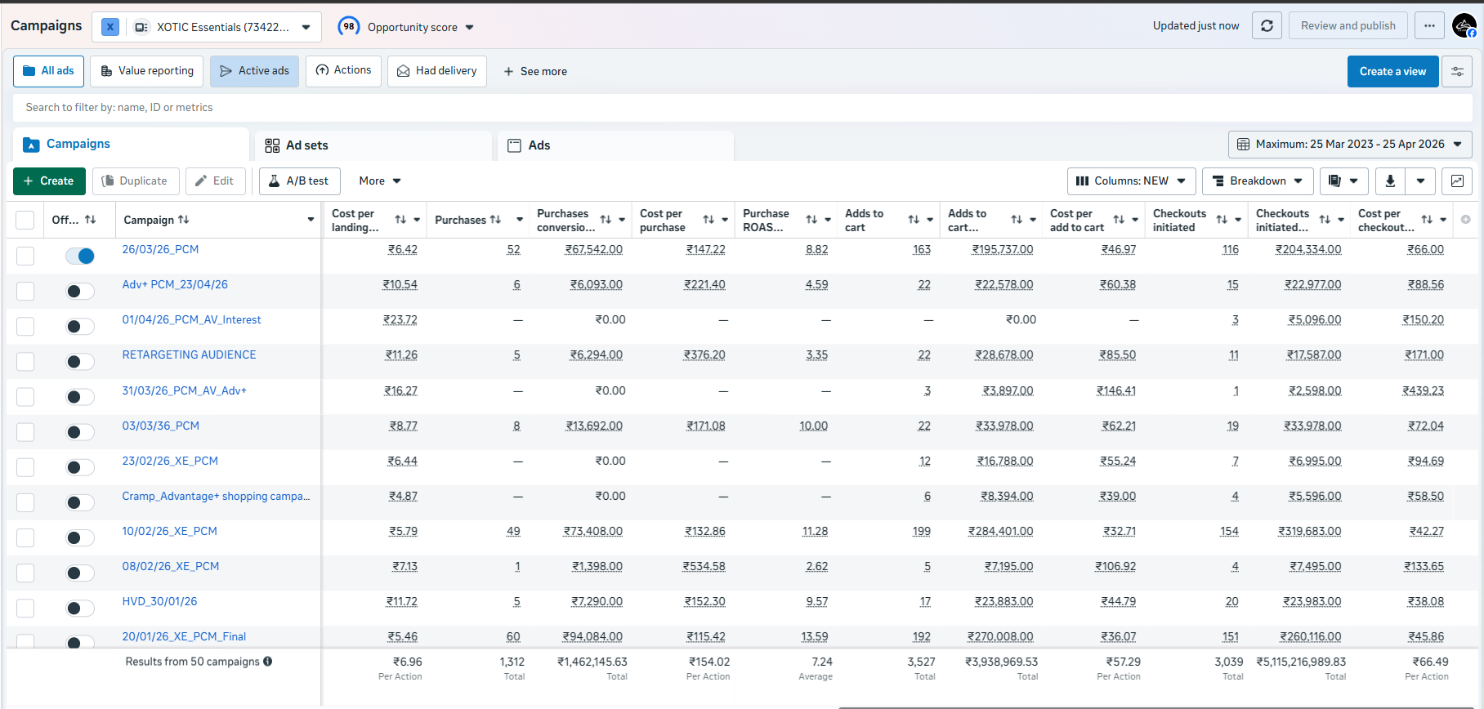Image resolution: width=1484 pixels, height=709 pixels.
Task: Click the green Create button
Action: pos(49,181)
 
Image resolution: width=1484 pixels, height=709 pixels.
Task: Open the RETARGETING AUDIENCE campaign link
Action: pos(189,354)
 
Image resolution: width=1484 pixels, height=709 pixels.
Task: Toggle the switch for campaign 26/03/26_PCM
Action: pos(80,256)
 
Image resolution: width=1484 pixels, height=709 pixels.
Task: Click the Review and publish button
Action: pos(1348,25)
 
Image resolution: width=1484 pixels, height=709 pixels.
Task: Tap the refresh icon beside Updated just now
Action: pos(1267,25)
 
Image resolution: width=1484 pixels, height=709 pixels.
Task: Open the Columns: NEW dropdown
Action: pos(1131,181)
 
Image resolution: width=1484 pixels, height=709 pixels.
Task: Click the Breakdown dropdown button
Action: pos(1258,181)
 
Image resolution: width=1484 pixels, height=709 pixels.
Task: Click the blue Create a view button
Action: pos(1392,71)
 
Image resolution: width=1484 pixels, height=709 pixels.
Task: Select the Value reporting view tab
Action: pos(147,71)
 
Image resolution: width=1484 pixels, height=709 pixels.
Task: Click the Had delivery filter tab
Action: pos(437,71)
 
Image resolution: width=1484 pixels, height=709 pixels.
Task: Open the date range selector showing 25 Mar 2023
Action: pos(1350,144)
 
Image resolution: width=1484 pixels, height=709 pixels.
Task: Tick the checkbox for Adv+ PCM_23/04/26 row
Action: pos(25,291)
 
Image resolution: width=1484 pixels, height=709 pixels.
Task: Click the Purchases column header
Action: pos(461,220)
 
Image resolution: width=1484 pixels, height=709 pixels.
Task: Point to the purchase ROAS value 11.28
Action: pos(815,531)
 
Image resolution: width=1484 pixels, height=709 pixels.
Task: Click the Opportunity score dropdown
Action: pos(406,27)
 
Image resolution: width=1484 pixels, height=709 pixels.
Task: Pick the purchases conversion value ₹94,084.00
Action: pos(592,636)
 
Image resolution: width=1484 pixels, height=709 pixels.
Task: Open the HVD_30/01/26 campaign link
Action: pos(159,601)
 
